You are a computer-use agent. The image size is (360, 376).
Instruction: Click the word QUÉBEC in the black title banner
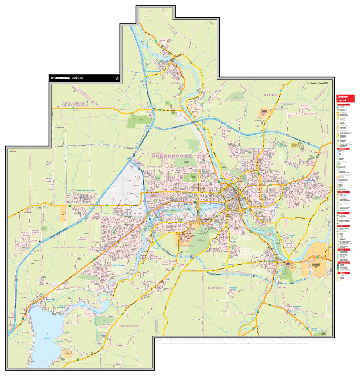point(77,78)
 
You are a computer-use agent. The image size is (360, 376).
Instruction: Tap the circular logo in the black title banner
point(117,78)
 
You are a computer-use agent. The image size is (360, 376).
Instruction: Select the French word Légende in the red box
point(342,97)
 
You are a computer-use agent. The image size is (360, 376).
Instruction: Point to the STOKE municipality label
point(270,95)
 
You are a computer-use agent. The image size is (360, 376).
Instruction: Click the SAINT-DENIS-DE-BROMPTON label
point(75,104)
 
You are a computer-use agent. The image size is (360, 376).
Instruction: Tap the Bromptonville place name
point(154,72)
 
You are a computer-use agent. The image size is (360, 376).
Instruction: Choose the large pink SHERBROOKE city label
point(172,156)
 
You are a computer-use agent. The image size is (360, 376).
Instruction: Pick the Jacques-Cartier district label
point(155,167)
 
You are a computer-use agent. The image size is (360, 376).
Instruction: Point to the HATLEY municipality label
point(215,288)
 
